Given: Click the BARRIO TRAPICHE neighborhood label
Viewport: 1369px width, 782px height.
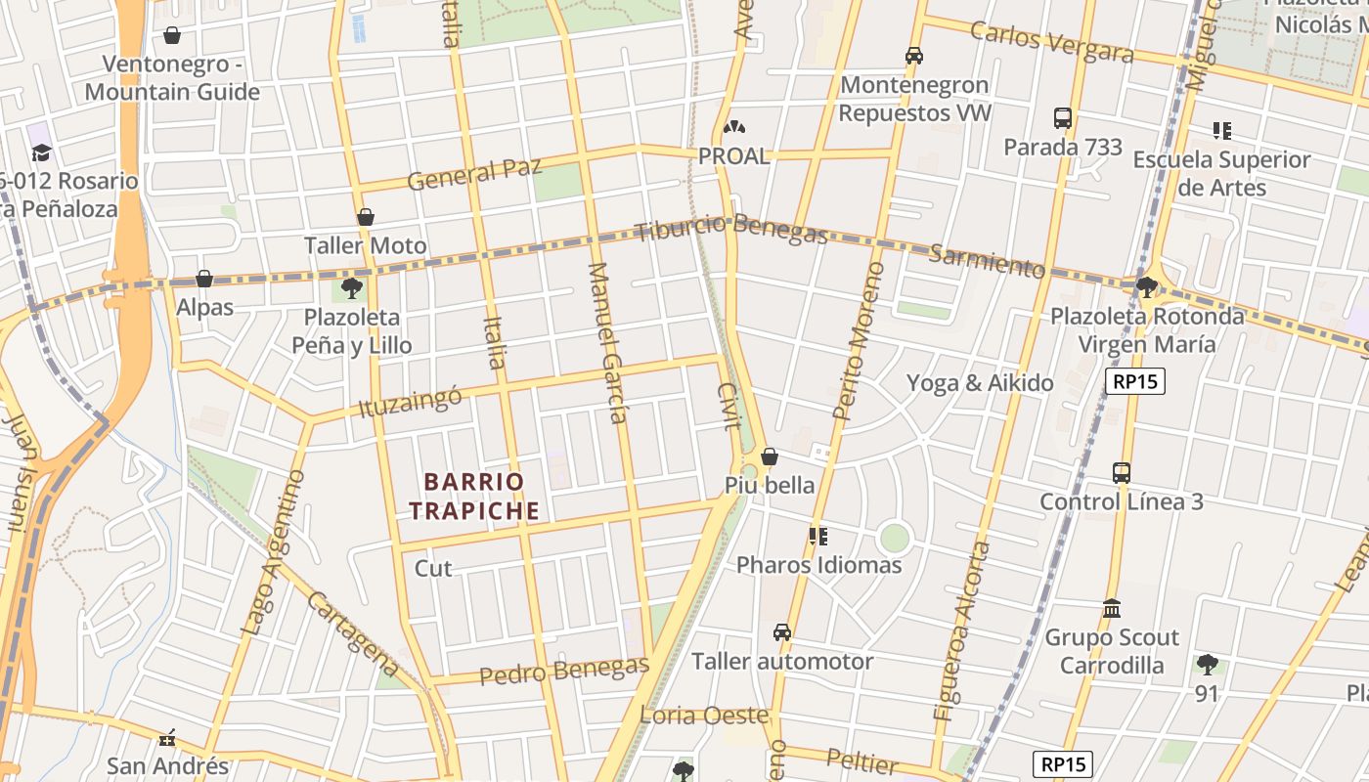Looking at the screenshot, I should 474,496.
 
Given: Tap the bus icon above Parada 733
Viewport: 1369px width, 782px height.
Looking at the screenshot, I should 1063,118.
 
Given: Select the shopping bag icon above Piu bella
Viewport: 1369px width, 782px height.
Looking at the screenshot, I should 770,456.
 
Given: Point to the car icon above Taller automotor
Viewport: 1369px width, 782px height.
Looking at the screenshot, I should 782,632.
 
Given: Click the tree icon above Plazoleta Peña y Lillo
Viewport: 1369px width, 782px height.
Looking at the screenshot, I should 352,288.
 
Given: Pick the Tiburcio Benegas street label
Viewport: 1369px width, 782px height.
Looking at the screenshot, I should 730,231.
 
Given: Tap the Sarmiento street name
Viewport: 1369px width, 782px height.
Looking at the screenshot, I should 987,261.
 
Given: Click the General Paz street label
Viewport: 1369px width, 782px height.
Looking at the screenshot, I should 474,175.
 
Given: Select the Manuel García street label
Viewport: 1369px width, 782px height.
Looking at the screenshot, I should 606,342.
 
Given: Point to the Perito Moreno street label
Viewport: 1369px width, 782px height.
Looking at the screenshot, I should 860,340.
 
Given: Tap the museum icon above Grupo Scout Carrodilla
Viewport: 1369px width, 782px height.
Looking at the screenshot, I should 1112,609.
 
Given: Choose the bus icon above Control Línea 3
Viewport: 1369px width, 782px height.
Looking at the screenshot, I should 1122,473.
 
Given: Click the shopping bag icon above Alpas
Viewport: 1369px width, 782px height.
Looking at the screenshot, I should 204,279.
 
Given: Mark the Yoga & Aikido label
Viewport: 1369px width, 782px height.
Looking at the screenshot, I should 980,382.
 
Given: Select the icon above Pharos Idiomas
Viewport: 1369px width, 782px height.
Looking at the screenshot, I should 818,536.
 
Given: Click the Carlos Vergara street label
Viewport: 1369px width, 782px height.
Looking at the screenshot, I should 1051,41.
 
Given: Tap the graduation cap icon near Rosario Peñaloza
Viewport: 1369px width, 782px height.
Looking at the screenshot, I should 41,152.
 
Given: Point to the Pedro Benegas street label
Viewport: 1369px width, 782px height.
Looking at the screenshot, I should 564,671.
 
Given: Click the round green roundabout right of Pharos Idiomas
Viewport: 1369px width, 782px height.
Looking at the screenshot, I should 894,538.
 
